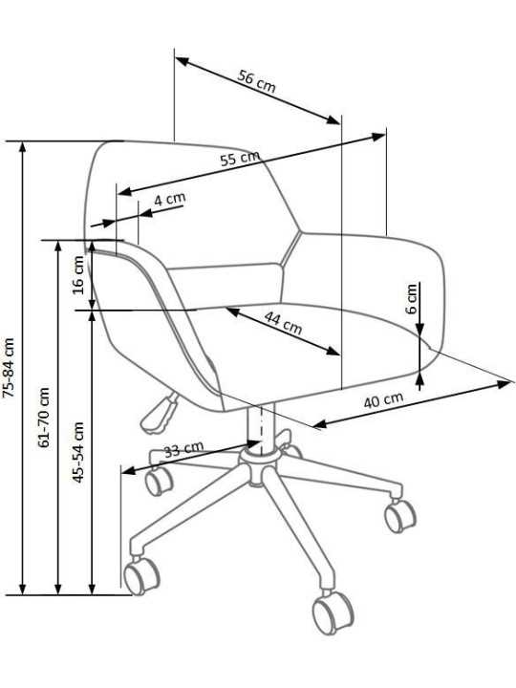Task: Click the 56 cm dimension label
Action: [257, 81]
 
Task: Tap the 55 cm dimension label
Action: [240, 158]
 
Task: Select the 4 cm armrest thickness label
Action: [170, 199]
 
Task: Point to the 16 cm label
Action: [78, 275]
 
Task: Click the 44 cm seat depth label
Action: [283, 323]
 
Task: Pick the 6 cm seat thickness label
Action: [412, 299]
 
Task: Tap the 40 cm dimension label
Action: [383, 400]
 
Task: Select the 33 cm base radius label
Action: [183, 449]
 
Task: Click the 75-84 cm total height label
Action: [9, 368]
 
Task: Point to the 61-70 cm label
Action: [43, 418]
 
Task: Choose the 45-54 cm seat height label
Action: [78, 452]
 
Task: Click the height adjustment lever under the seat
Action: [158, 414]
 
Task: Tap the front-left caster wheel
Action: [141, 575]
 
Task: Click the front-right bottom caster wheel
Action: [333, 613]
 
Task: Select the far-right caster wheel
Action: [399, 515]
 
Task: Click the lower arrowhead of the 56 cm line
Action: [333, 118]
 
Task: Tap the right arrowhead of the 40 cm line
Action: [504, 384]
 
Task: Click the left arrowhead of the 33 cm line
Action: [128, 471]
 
